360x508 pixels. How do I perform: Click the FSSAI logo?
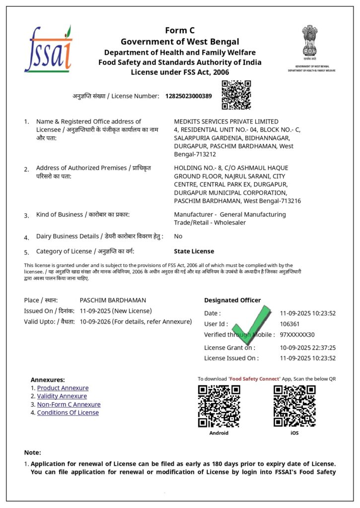[48, 49]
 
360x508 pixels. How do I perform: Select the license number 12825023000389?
[188, 96]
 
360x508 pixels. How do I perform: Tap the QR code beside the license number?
[236, 95]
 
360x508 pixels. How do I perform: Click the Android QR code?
[219, 406]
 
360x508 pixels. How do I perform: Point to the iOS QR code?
[294, 406]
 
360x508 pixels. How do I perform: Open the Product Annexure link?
[63, 388]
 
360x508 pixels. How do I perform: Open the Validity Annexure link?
[62, 396]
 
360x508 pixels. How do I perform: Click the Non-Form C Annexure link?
[69, 404]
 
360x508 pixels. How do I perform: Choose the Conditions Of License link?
[68, 412]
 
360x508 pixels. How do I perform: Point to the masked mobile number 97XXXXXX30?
[297, 334]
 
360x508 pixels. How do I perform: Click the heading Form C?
[180, 31]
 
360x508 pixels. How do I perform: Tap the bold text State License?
[194, 251]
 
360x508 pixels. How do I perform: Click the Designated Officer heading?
[232, 300]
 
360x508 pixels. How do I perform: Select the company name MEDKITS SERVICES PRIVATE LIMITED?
[226, 122]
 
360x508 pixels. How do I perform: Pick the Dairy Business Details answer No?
[178, 236]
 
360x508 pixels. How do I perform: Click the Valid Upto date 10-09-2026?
[94, 321]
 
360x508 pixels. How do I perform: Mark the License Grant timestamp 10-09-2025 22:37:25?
[308, 348]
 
